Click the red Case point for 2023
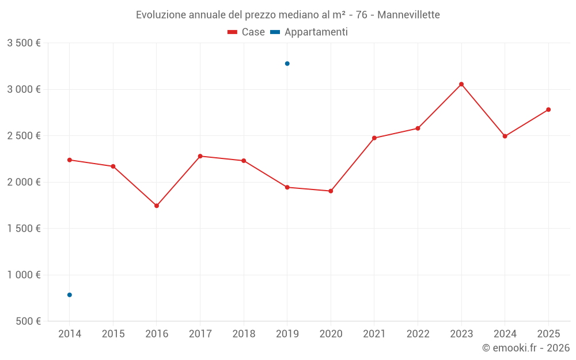pyautogui.click(x=461, y=84)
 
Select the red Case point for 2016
pyautogui.click(x=157, y=206)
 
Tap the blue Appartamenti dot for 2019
pyautogui.click(x=287, y=63)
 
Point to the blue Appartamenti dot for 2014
pyautogui.click(x=70, y=295)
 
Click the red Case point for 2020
pyautogui.click(x=331, y=191)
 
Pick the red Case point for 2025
pyautogui.click(x=548, y=109)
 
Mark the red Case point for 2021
pyautogui.click(x=374, y=138)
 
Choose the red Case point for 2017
pyautogui.click(x=200, y=156)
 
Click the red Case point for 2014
pyautogui.click(x=70, y=160)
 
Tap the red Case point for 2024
pyautogui.click(x=505, y=137)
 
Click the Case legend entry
pyautogui.click(x=247, y=32)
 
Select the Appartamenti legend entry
pyautogui.click(x=309, y=32)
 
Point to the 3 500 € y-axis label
pyautogui.click(x=24, y=43)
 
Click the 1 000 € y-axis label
pyautogui.click(x=24, y=275)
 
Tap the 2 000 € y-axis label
pyautogui.click(x=24, y=182)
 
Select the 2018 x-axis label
pyautogui.click(x=244, y=334)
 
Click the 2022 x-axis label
pyautogui.click(x=418, y=334)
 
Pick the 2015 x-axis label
pyautogui.click(x=113, y=334)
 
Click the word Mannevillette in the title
pyautogui.click(x=408, y=15)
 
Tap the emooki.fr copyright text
pyautogui.click(x=526, y=348)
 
